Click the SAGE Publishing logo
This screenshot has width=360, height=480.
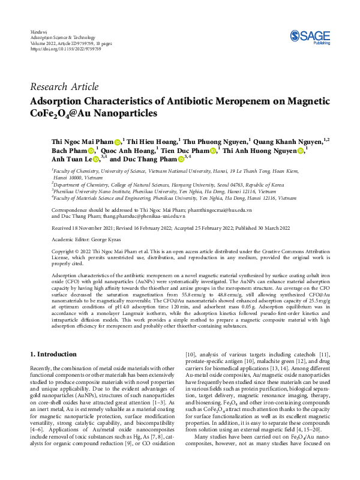[x=310, y=38]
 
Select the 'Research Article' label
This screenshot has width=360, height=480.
[x=64, y=87]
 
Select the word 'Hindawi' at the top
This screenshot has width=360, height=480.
[x=38, y=31]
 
